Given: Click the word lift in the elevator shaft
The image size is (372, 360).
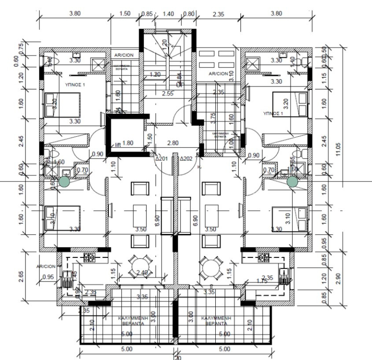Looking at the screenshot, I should (118, 144).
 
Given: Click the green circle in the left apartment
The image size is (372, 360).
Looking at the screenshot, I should (64, 181).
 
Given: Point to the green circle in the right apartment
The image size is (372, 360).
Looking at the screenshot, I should (292, 181).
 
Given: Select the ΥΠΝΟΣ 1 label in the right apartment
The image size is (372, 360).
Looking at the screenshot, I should (271, 113).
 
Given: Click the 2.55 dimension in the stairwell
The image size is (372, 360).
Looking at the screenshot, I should (167, 93).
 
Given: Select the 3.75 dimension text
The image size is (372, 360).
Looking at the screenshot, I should (213, 116).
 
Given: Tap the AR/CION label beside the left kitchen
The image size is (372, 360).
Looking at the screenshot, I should (46, 267).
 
